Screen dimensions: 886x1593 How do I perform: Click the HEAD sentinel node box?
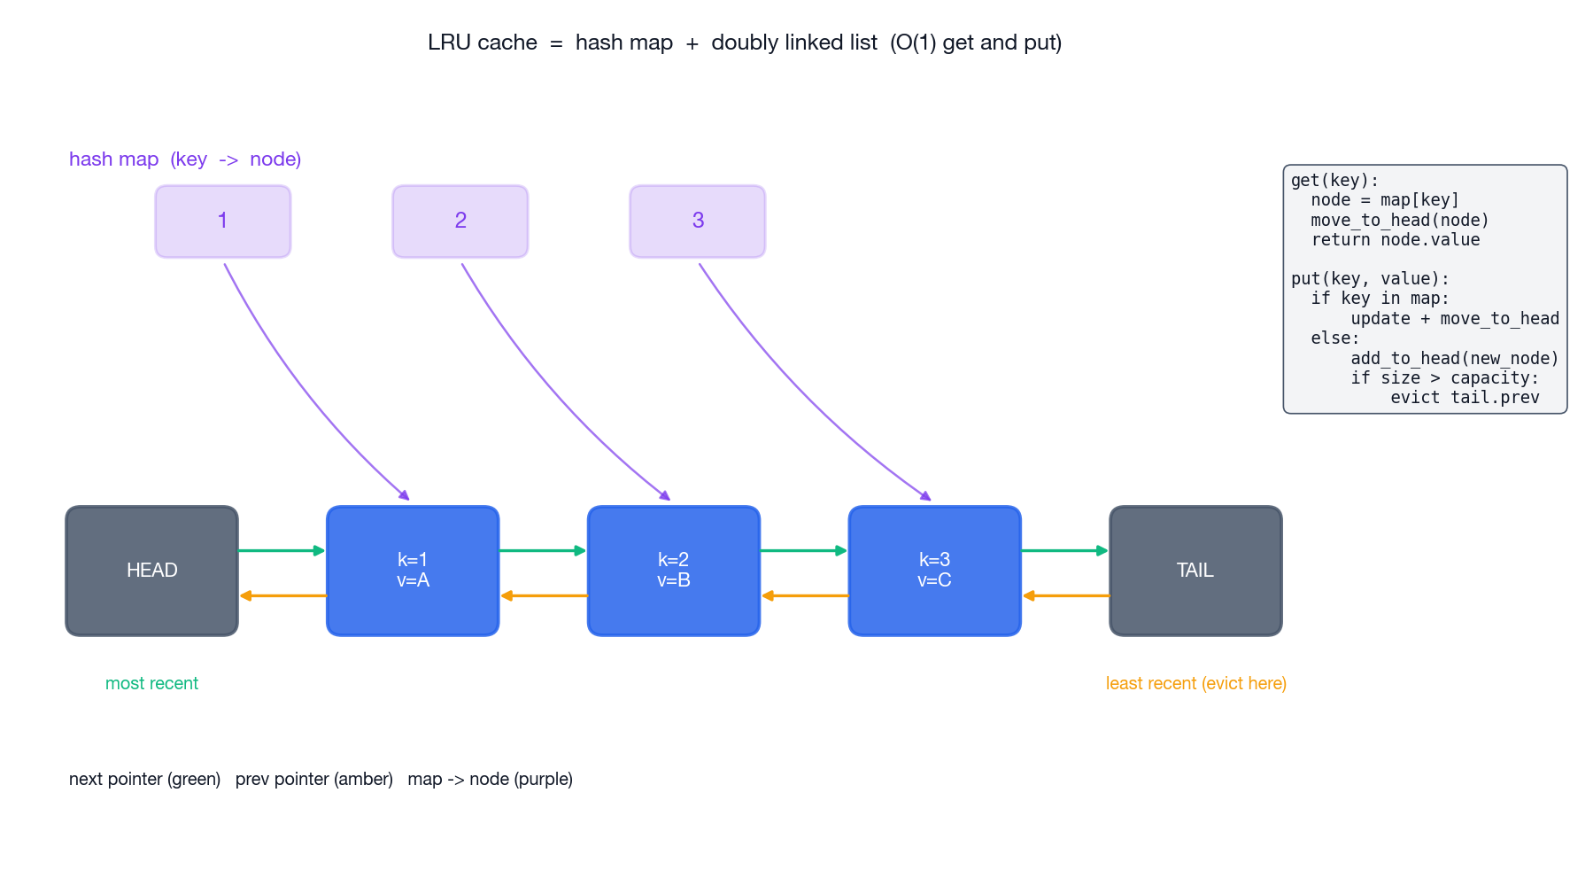151,571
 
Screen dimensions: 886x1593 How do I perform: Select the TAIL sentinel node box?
1195,571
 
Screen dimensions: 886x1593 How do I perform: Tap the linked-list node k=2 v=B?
673,571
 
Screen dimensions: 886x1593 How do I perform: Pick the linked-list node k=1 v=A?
413,571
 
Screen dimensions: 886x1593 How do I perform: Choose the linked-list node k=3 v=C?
934,571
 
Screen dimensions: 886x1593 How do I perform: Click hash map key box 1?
222,221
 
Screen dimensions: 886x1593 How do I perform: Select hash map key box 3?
697,221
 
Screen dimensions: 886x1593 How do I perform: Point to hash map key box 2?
460,221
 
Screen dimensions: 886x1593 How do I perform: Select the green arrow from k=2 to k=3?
803,550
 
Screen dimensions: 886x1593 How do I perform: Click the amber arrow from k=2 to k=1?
544,595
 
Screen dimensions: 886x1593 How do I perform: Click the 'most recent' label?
151,683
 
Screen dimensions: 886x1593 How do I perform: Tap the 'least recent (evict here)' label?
1195,683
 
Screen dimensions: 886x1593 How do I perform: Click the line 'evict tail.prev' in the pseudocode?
1464,398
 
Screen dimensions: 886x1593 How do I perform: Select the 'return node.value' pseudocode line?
1395,240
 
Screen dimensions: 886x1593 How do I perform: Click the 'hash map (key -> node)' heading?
185,159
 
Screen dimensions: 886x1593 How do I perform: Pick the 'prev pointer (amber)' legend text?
313,779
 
